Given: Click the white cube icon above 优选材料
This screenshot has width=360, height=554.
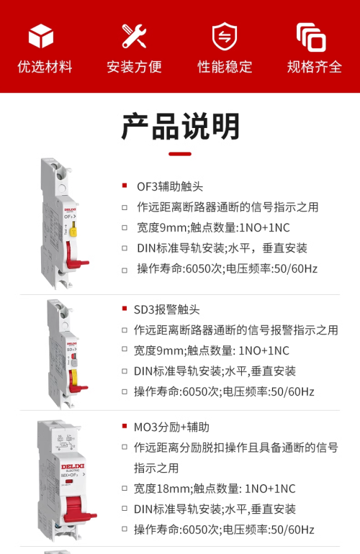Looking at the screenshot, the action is [x=40, y=36].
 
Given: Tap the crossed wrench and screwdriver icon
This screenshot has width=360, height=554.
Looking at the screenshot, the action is [x=134, y=36].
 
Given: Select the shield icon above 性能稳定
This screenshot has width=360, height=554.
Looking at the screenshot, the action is [x=225, y=36].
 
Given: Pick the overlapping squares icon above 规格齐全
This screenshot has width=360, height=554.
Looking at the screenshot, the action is [x=311, y=37].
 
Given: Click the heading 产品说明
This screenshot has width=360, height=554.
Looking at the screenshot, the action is [x=180, y=127].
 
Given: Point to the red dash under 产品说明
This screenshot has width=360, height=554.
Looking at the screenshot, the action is [x=180, y=154].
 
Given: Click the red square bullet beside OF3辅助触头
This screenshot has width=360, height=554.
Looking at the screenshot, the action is [x=125, y=186].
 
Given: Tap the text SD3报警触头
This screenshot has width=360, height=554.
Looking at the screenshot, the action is [x=166, y=310].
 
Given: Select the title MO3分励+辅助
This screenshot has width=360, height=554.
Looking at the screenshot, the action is [x=171, y=427].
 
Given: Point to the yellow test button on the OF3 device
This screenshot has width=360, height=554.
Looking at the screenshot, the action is [x=73, y=229].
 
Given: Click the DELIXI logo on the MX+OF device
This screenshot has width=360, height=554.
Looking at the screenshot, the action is [x=73, y=466].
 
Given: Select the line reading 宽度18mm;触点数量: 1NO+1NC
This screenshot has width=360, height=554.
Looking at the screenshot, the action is [x=215, y=489].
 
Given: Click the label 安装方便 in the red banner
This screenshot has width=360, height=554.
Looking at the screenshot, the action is [x=134, y=67].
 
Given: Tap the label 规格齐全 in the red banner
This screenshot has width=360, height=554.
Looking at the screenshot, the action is [x=315, y=67].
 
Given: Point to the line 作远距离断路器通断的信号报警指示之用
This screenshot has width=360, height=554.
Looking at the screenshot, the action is [x=236, y=330].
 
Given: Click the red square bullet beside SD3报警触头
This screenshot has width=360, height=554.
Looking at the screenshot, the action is [x=125, y=309].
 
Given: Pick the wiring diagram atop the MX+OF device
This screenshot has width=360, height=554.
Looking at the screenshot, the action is [x=66, y=442].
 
